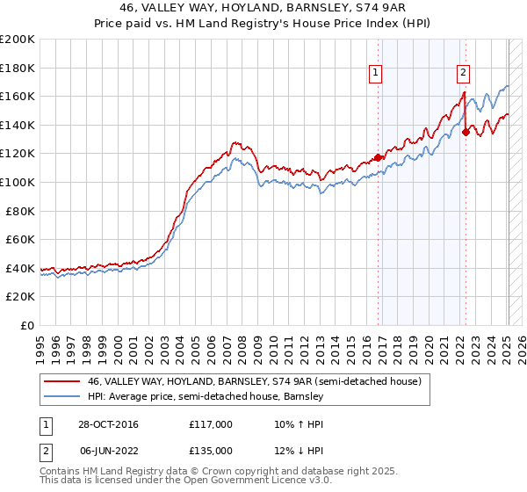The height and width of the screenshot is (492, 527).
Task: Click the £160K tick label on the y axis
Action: pos(18,96)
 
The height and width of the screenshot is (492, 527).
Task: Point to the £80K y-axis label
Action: pos(20,211)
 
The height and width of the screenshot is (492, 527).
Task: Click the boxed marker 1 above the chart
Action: pos(375,74)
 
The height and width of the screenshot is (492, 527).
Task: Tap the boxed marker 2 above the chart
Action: pos(463,74)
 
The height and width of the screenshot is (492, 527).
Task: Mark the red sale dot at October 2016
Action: pos(379,157)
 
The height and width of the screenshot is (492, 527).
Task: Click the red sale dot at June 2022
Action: pos(466,132)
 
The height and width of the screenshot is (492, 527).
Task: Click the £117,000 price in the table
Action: pos(211,424)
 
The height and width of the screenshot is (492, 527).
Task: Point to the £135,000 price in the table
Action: pos(211,450)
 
